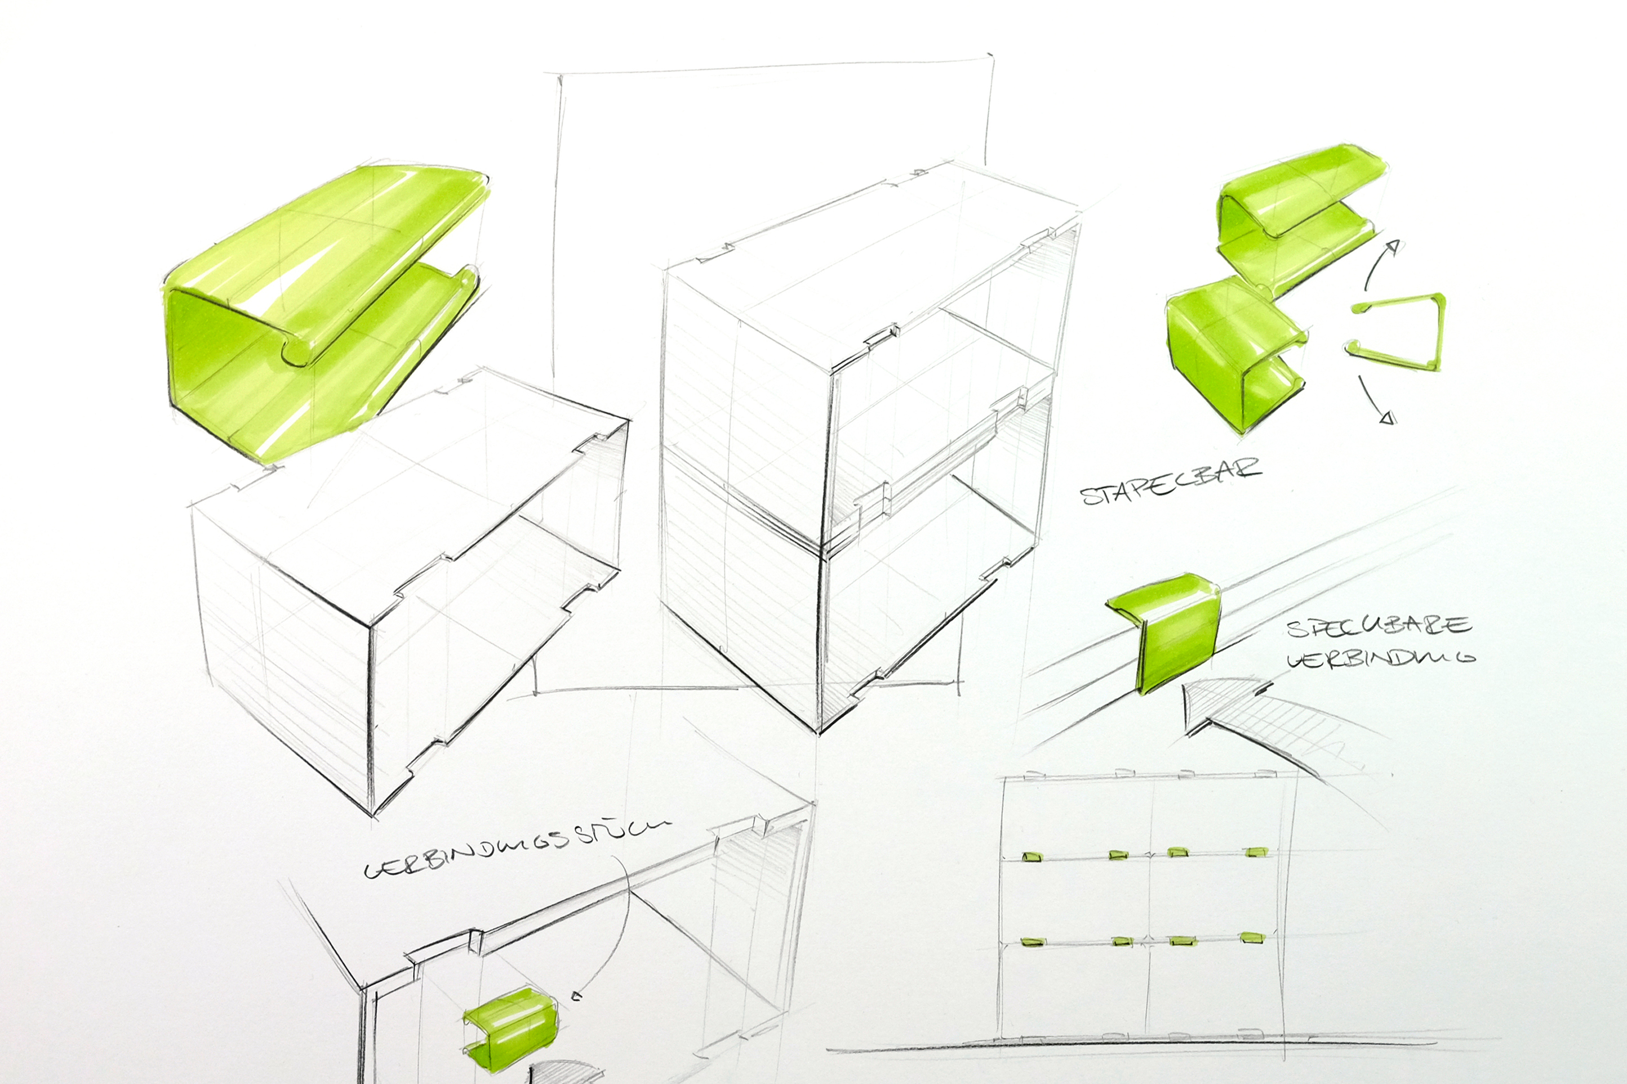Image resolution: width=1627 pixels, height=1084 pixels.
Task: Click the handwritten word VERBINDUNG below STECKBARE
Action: [1380, 658]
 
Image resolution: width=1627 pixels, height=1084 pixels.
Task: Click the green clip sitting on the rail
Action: [1168, 629]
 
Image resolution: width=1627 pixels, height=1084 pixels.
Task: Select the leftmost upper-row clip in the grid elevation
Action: [1032, 857]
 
